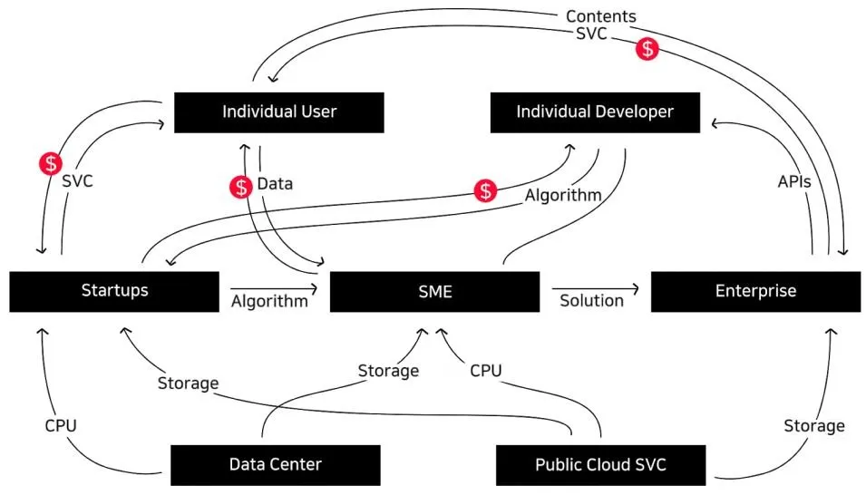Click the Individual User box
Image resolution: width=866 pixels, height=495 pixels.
click(279, 112)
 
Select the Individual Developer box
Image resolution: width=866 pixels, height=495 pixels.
click(595, 112)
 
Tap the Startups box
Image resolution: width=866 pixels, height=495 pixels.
click(114, 291)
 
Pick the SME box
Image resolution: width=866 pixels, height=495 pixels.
click(434, 291)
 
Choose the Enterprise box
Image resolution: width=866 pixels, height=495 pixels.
click(755, 291)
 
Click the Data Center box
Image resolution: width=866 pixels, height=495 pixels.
click(275, 464)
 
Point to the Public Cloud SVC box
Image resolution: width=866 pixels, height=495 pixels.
click(601, 464)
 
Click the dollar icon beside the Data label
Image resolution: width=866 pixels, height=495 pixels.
click(241, 188)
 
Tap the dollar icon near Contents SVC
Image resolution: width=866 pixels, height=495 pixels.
click(647, 48)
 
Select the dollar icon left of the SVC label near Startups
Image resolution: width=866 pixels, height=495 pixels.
click(51, 163)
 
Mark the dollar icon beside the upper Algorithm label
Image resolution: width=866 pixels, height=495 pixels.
click(485, 190)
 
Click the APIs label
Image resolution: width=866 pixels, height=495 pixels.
click(794, 181)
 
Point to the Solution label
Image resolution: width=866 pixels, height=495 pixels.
click(591, 301)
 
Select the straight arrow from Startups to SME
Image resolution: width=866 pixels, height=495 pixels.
click(274, 288)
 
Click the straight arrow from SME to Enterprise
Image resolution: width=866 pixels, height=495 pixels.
click(596, 288)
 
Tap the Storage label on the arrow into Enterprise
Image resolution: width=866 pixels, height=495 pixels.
click(814, 426)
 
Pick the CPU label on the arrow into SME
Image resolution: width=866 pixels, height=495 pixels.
click(485, 370)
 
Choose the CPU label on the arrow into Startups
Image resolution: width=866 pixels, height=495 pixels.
click(61, 425)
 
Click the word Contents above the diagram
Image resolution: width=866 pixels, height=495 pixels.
click(601, 16)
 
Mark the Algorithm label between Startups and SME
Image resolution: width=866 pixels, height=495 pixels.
click(269, 301)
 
